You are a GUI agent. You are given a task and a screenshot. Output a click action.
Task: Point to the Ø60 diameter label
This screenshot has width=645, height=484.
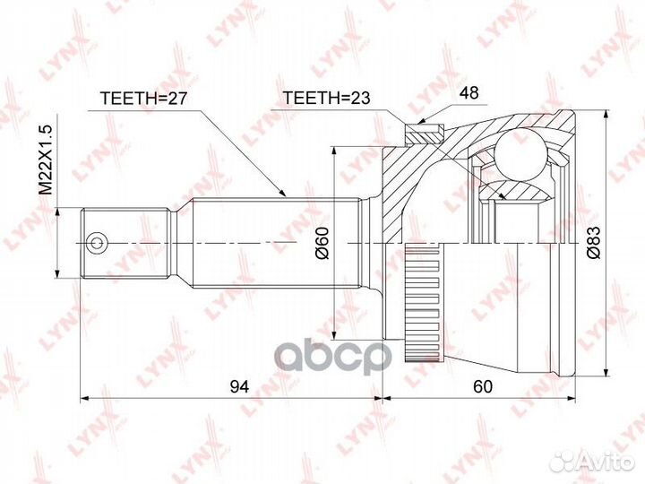[323, 242]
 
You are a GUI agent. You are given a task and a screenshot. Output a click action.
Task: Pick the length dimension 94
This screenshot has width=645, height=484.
[237, 386]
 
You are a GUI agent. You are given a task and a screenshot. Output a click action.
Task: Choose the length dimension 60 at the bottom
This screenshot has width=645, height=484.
[484, 386]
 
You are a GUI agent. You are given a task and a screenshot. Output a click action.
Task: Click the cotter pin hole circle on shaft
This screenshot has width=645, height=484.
[96, 242]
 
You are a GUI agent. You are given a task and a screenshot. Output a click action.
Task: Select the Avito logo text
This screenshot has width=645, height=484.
[600, 462]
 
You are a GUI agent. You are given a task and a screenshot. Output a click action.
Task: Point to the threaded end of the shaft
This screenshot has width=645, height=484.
[125, 243]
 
